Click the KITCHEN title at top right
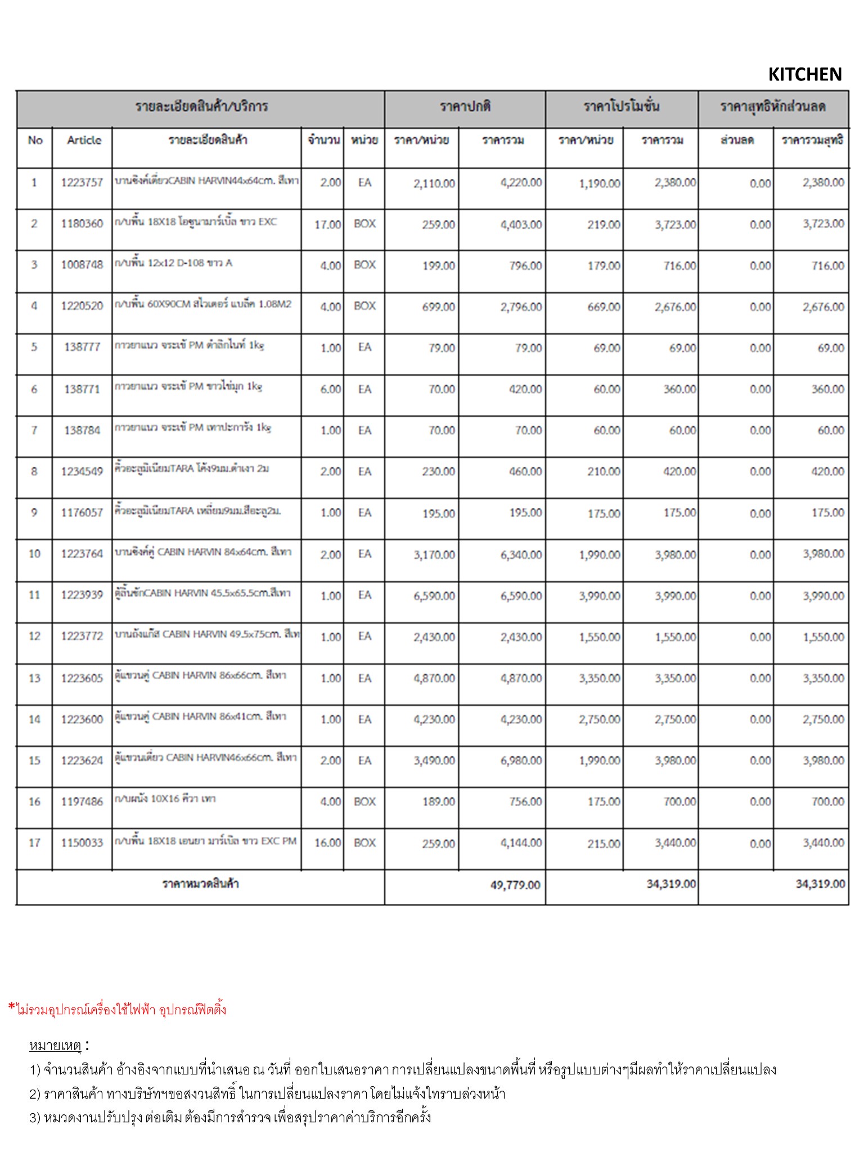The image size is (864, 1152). pos(804,74)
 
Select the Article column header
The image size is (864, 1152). pos(84,140)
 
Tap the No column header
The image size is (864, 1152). pos(35,140)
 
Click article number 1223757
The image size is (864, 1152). pos(82,182)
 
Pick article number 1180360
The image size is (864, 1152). pos(82,224)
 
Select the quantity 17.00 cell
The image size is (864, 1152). pos(327,224)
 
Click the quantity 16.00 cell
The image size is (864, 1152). pos(327,843)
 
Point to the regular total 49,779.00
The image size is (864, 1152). pos(515,885)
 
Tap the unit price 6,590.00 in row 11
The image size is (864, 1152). pos(434,596)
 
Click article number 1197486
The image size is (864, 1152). pos(82,802)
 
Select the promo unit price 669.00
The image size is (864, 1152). pos(604,307)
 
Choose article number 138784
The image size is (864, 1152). pos(82,430)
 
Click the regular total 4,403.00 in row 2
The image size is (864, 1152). pos(521,224)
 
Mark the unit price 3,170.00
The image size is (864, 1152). pos(434,555)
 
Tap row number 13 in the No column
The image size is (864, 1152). pos(34,678)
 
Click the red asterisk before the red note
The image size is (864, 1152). pos(12,1007)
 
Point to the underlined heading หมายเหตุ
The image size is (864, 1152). pos(55,1046)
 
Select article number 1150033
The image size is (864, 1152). pos(82,843)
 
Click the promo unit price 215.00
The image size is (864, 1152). pos(604,843)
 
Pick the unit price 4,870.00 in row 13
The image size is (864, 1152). pos(434,678)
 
